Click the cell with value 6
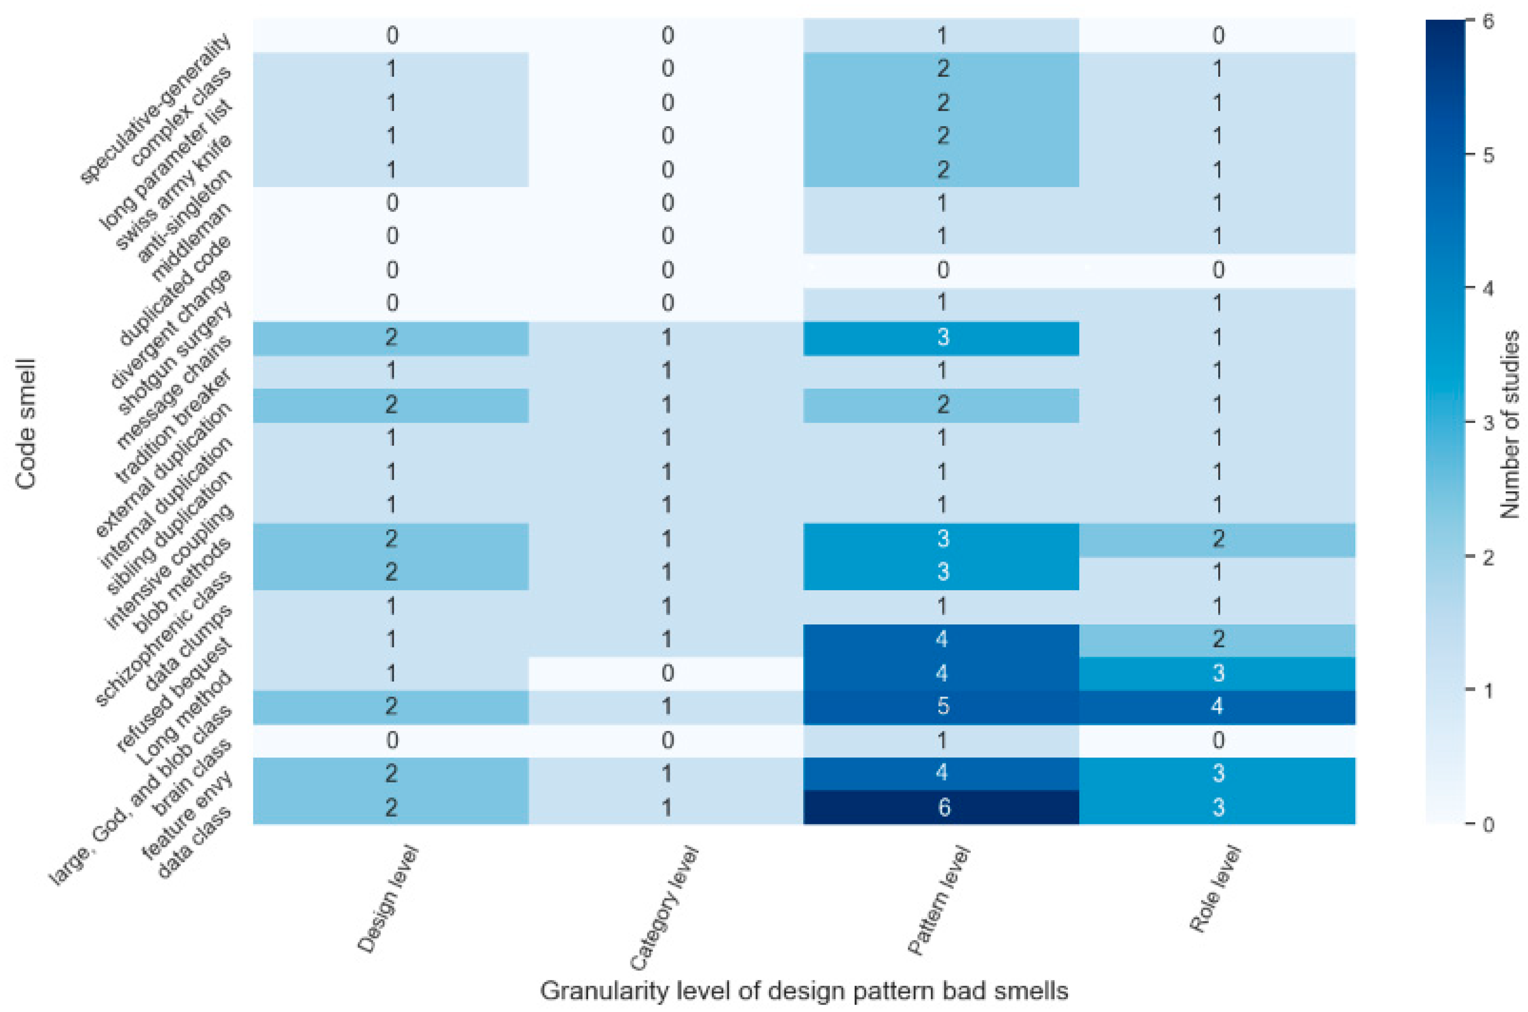click(x=942, y=807)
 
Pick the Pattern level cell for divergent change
click(x=942, y=270)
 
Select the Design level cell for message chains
click(x=391, y=337)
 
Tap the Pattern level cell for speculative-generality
click(x=942, y=35)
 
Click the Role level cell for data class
click(x=1217, y=807)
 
